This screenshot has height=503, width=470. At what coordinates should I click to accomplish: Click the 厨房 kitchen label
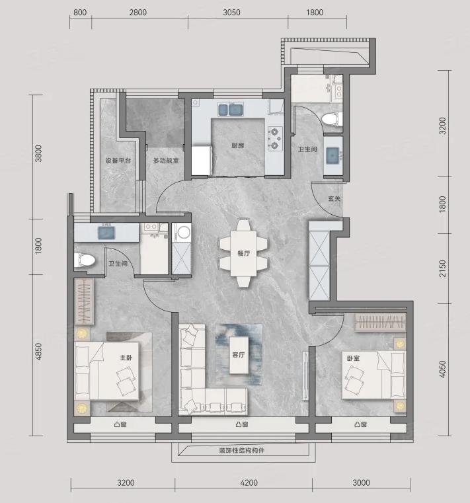coord(238,145)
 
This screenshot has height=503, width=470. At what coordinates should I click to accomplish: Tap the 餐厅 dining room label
coord(244,253)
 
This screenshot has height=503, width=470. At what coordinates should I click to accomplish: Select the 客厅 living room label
coord(239,355)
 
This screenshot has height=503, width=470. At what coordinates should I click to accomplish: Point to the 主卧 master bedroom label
coord(126,358)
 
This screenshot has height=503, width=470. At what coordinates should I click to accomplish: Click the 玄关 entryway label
coord(334,198)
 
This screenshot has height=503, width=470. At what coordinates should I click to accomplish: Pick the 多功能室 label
coord(166,161)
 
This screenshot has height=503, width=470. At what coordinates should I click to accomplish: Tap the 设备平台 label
coord(118,161)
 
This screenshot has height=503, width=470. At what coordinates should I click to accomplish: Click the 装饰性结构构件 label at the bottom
coord(242,450)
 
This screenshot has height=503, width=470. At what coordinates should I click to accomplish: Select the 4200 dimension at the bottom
coord(249,483)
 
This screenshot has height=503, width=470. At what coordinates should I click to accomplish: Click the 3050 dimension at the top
coord(231,12)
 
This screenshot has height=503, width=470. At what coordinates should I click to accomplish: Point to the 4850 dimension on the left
coord(38,352)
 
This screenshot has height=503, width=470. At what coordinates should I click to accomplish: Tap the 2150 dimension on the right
coord(443,268)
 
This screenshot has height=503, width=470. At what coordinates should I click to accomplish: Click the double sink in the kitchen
coord(231,109)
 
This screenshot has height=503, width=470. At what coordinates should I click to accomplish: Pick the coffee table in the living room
coord(239,355)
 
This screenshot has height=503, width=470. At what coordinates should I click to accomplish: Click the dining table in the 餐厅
coord(243,253)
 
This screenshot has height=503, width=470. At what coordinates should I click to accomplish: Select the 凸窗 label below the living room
coord(242,424)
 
